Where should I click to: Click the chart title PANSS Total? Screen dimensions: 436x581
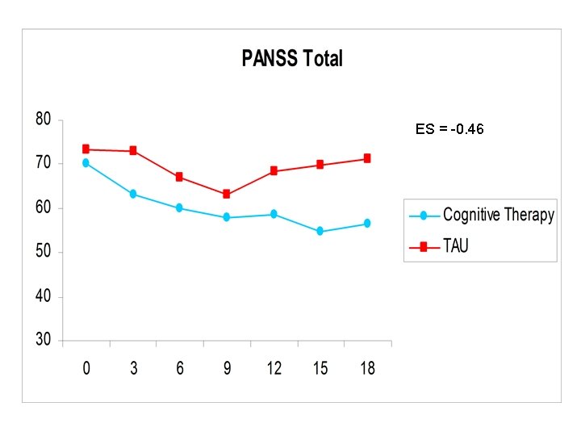pyautogui.click(x=292, y=59)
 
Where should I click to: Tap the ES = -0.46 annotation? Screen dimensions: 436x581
pyautogui.click(x=449, y=129)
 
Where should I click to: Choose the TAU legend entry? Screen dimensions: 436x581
pyautogui.click(x=454, y=246)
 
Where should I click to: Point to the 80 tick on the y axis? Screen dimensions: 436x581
pyautogui.click(x=43, y=119)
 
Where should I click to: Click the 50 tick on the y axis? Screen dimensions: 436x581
pyautogui.click(x=43, y=252)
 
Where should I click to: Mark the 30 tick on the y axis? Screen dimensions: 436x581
pyautogui.click(x=43, y=341)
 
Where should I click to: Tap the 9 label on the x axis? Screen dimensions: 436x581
pyautogui.click(x=227, y=368)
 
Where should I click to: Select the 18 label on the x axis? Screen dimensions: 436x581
pyautogui.click(x=367, y=368)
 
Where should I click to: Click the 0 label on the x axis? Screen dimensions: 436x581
pyautogui.click(x=86, y=368)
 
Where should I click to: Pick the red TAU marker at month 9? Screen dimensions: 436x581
pyautogui.click(x=227, y=194)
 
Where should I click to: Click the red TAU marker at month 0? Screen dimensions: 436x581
pyautogui.click(x=86, y=149)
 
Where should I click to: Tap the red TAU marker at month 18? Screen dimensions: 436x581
pyautogui.click(x=367, y=158)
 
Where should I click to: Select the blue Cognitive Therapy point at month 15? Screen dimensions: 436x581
pyautogui.click(x=320, y=231)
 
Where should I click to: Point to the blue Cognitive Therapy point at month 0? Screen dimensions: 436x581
pyautogui.click(x=86, y=163)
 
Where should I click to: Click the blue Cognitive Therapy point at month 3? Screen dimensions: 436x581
pyautogui.click(x=133, y=194)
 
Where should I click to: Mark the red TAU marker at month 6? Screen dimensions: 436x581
pyautogui.click(x=179, y=177)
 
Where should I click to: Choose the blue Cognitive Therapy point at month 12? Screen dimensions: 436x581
pyautogui.click(x=274, y=214)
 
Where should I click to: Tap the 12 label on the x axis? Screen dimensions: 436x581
pyautogui.click(x=274, y=368)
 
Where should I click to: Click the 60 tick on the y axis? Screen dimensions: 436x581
pyautogui.click(x=43, y=208)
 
